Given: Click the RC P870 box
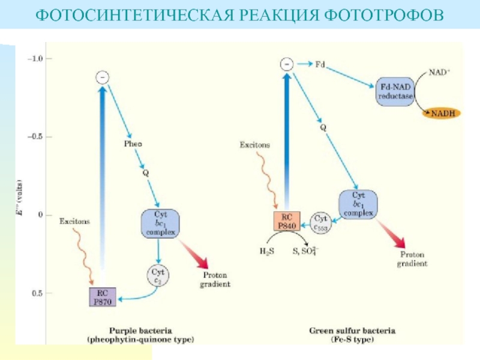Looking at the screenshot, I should [101, 297].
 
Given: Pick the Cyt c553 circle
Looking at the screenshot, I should [320, 222].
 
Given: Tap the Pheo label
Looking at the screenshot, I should [133, 143].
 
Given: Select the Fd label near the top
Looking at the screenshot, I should [320, 62].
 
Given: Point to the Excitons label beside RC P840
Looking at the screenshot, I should [254, 145].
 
